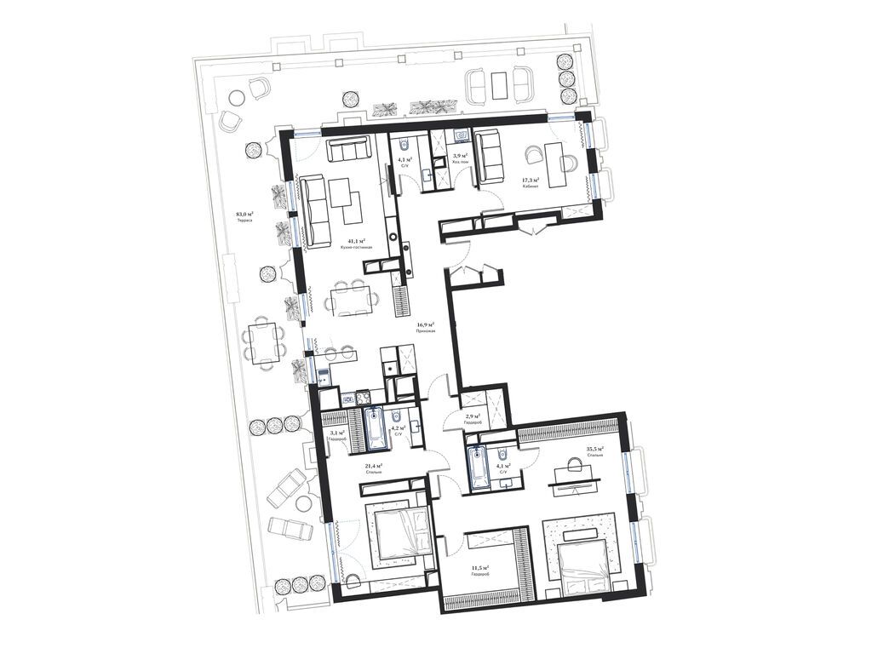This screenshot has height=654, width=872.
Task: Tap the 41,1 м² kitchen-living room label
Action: pyautogui.click(x=351, y=244)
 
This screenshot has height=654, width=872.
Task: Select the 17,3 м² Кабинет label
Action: pyautogui.click(x=536, y=182)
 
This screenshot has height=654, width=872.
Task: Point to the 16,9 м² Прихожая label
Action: pyautogui.click(x=426, y=328)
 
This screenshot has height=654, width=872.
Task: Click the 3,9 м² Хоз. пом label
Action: pyautogui.click(x=460, y=158)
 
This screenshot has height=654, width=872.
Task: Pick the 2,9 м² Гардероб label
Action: pyautogui.click(x=473, y=418)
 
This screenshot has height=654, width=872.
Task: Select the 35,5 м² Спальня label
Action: pyautogui.click(x=594, y=450)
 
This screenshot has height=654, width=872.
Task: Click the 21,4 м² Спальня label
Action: pyautogui.click(x=371, y=469)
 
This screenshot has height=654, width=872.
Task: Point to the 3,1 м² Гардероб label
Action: pyautogui.click(x=337, y=435)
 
